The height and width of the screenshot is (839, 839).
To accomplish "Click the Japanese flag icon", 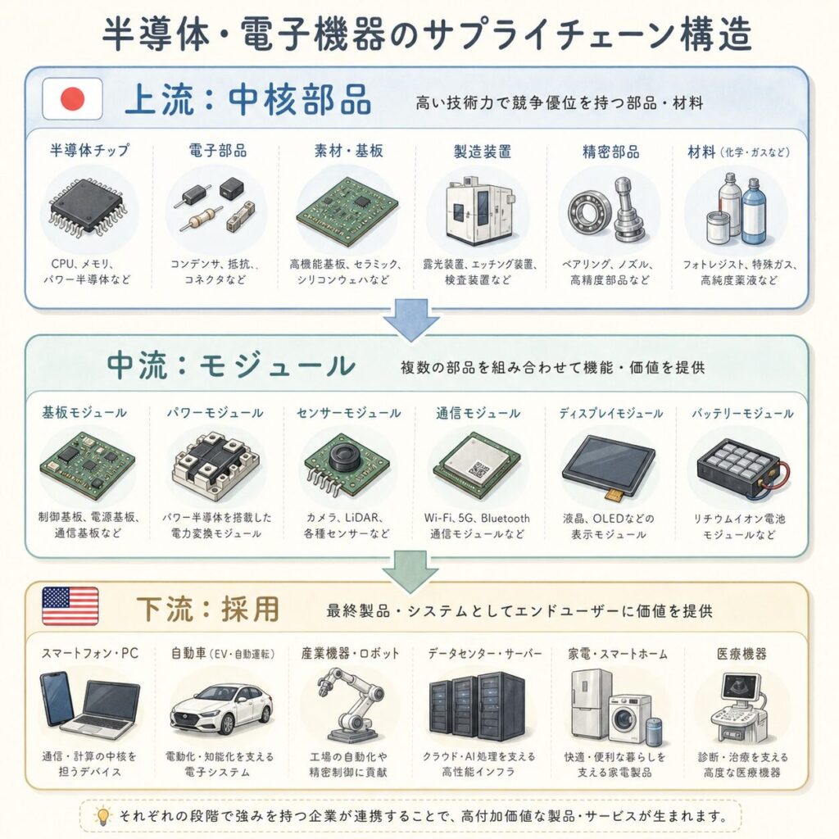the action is [72, 99].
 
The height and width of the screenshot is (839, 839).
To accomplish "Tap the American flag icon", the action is [70, 605].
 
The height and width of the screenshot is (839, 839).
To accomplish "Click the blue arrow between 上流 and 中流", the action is [411, 320].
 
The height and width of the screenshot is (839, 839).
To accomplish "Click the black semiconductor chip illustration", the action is [88, 209].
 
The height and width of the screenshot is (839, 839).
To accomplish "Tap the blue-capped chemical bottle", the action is [753, 210].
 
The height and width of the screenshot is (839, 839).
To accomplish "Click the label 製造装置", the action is [482, 152].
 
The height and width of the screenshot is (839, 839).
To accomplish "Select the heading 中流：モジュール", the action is [231, 365].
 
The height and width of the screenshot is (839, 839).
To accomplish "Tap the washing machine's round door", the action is [624, 719].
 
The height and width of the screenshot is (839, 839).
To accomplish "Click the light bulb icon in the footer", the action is [102, 815].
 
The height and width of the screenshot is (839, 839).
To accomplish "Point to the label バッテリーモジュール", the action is [742, 413].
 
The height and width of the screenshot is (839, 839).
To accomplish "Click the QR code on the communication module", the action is [478, 469].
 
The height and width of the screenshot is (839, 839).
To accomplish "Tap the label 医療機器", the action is [741, 654].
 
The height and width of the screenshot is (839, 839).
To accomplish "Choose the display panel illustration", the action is [609, 460].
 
